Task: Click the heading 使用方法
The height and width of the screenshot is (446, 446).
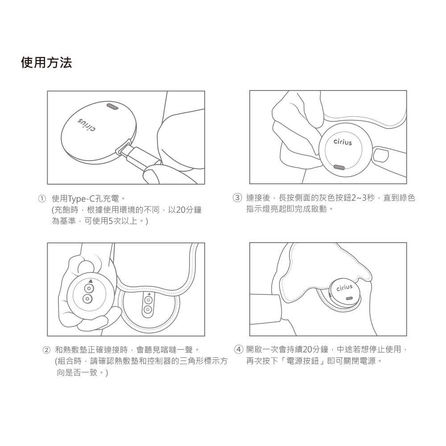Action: (46, 62)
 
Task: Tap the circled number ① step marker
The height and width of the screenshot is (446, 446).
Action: (42, 198)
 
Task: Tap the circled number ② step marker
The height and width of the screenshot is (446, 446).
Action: (46, 350)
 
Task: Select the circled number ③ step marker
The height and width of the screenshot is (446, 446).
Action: (237, 198)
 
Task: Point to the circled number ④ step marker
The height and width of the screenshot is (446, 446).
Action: (239, 349)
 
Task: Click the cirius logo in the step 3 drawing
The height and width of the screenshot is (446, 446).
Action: (343, 142)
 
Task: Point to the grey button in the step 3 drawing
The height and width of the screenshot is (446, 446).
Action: (339, 167)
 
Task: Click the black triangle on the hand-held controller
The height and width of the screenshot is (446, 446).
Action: (91, 281)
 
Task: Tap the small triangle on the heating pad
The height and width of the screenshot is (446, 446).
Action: (149, 294)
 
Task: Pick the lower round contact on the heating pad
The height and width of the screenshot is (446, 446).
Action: (147, 310)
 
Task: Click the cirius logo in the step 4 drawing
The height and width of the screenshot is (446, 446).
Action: (344, 288)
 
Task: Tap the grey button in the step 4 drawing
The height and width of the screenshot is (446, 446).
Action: (349, 298)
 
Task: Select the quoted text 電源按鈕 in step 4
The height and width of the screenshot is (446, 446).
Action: (303, 361)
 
